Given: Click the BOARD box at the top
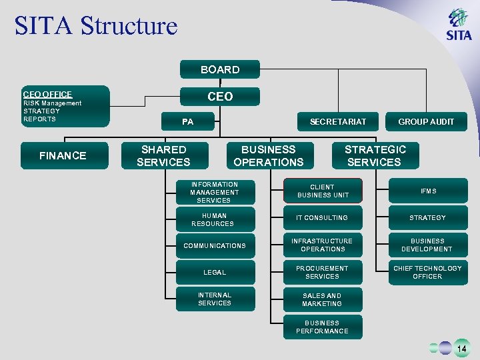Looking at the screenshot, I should (x=220, y=69).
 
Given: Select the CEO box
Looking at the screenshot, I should (x=220, y=97).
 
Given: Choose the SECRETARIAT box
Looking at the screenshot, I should (x=338, y=121).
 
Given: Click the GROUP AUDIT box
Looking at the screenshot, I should (x=426, y=121).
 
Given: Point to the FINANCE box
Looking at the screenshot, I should (x=63, y=155).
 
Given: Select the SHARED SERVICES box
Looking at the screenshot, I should (x=163, y=155).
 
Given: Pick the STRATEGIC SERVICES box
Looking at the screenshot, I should (x=375, y=155).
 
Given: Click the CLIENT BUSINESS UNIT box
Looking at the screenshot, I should (x=323, y=191).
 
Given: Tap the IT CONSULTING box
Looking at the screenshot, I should (x=322, y=218).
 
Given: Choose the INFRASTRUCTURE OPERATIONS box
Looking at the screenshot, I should (x=323, y=245).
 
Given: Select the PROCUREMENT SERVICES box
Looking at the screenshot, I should (x=323, y=273).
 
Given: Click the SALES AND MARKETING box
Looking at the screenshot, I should (x=322, y=300).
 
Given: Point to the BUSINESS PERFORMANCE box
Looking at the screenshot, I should (x=322, y=327).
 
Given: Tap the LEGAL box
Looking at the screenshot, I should (x=215, y=273).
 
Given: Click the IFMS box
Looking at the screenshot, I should (x=428, y=191).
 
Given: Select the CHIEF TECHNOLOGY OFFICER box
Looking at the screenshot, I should (x=427, y=273).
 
